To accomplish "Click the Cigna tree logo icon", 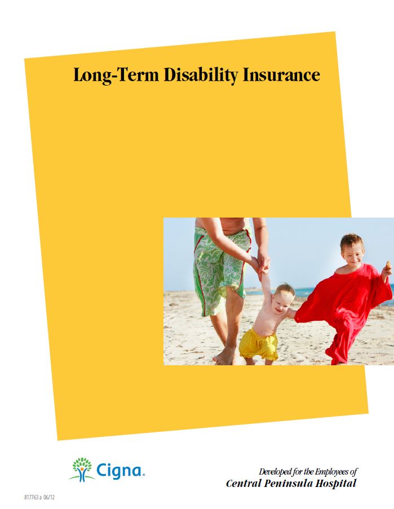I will (82, 469).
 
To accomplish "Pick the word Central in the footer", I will (243, 483).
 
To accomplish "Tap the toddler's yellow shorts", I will (258, 344).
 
